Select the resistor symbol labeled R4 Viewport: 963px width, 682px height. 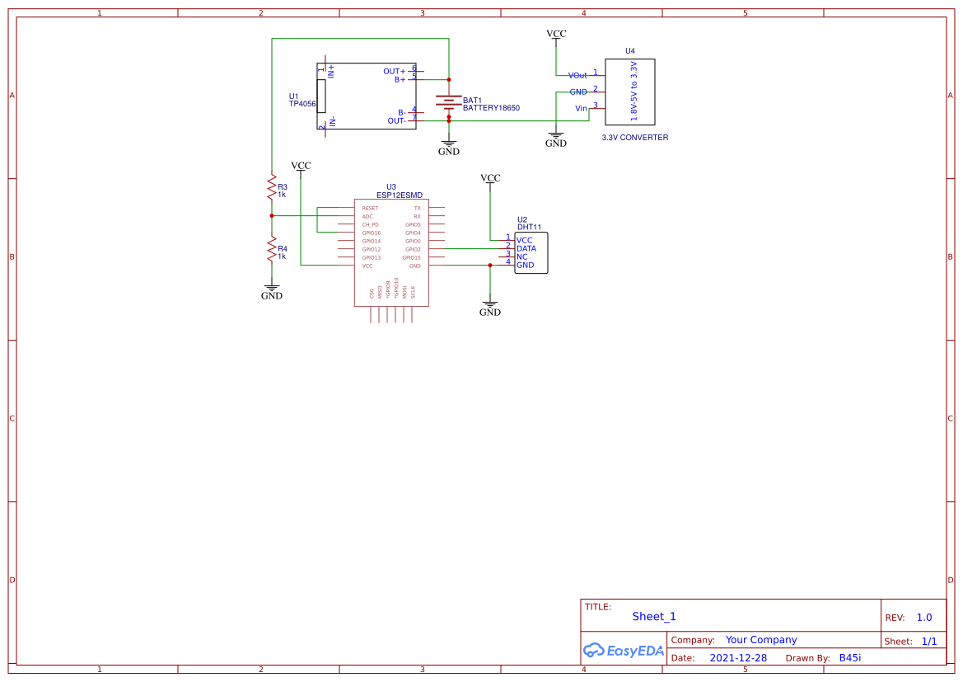pos(271,248)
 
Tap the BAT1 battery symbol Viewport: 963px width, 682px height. pos(448,104)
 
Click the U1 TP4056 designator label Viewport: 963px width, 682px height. pos(302,101)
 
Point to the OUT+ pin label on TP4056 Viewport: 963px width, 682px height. pos(394,72)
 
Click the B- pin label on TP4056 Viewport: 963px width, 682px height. pos(401,112)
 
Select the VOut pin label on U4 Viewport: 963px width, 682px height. pos(577,76)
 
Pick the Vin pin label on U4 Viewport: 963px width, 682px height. pos(581,109)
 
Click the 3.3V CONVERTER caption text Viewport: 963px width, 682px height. pos(634,138)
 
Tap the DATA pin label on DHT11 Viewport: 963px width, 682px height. pos(526,248)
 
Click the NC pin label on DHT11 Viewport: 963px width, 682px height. pos(521,256)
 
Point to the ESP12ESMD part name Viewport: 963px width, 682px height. pos(399,195)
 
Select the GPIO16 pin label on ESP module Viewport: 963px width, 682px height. pos(372,233)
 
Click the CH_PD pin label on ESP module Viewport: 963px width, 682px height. pos(370,224)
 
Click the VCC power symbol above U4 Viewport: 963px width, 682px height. pos(556,35)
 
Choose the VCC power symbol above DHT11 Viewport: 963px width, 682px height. pos(490,179)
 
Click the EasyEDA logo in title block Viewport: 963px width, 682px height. pos(623,650)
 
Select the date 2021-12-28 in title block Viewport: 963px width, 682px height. pos(737,658)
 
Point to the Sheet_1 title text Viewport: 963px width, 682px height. pos(654,616)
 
